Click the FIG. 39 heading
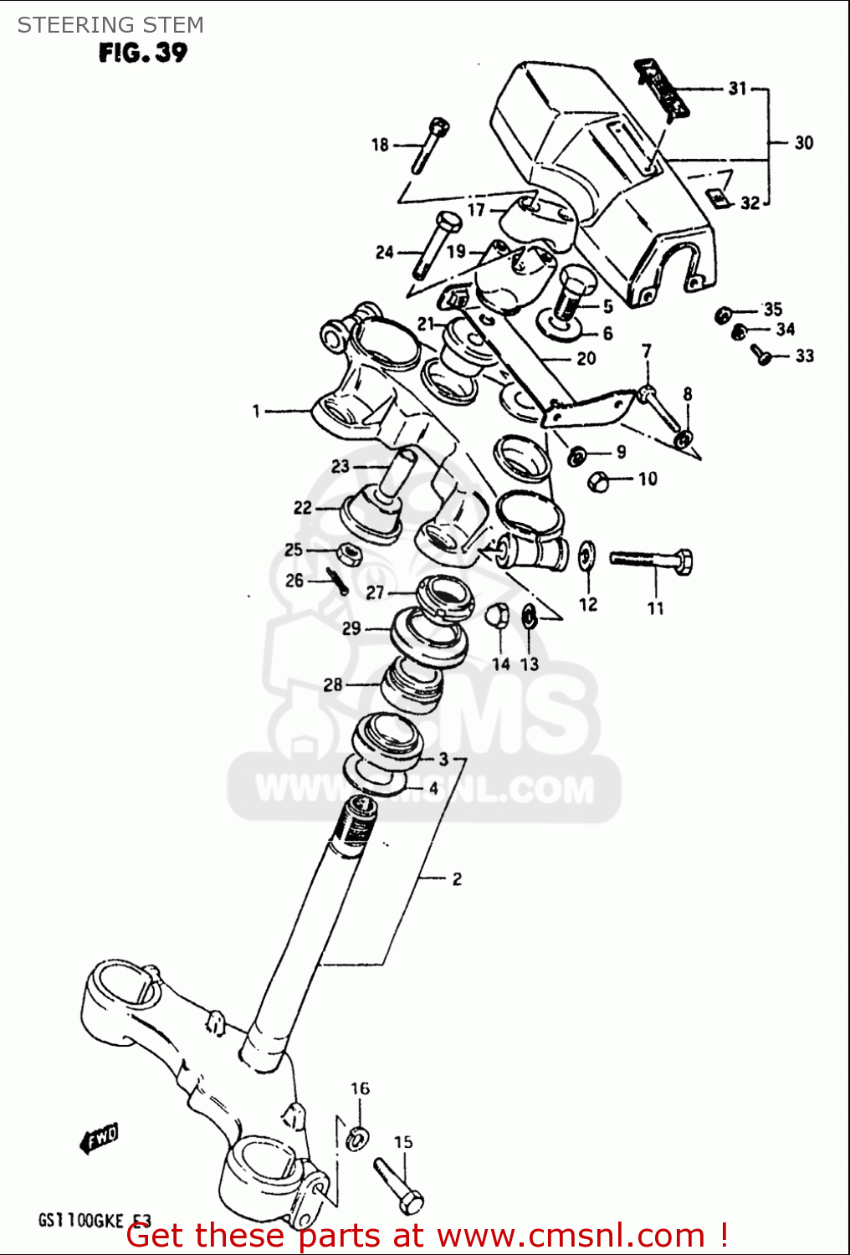point(143,53)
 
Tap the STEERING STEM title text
point(110,25)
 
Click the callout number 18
point(380,145)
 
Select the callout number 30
point(803,143)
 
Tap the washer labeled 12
point(587,556)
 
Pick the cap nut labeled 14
point(498,615)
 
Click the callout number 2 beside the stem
point(457,878)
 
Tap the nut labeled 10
point(599,481)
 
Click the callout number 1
point(257,411)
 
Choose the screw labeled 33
point(763,355)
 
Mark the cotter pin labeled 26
point(337,580)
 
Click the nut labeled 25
point(349,553)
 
